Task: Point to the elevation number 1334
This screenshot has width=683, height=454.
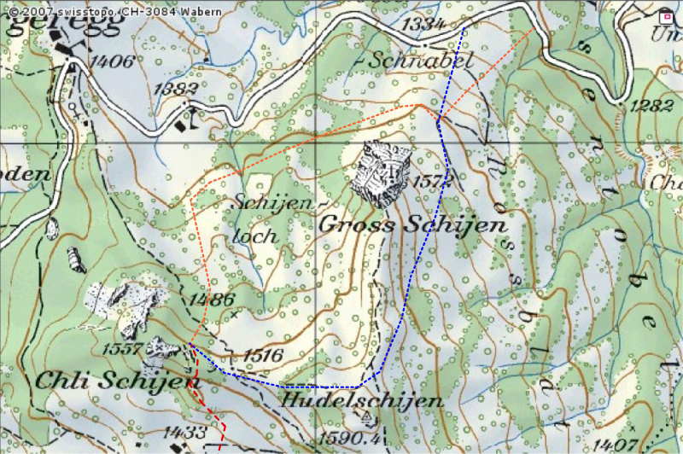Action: point(425,25)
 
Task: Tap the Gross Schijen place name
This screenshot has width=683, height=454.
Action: point(412,225)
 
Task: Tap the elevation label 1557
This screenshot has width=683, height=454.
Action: point(122,348)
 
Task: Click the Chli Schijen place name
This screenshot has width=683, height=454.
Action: point(111,381)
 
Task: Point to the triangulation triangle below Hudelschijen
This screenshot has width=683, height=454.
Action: point(368,417)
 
